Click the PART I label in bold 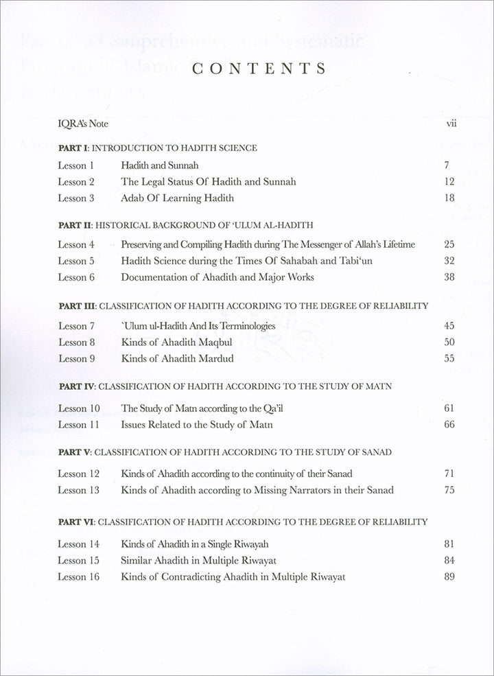(x=73, y=148)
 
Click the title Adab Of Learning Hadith (x=178, y=198)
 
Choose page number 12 (x=450, y=182)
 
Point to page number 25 (x=450, y=244)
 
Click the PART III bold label (x=77, y=305)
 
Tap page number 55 (x=450, y=358)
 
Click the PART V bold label (x=74, y=453)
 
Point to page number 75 (x=450, y=490)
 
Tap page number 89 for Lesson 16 (x=450, y=577)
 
